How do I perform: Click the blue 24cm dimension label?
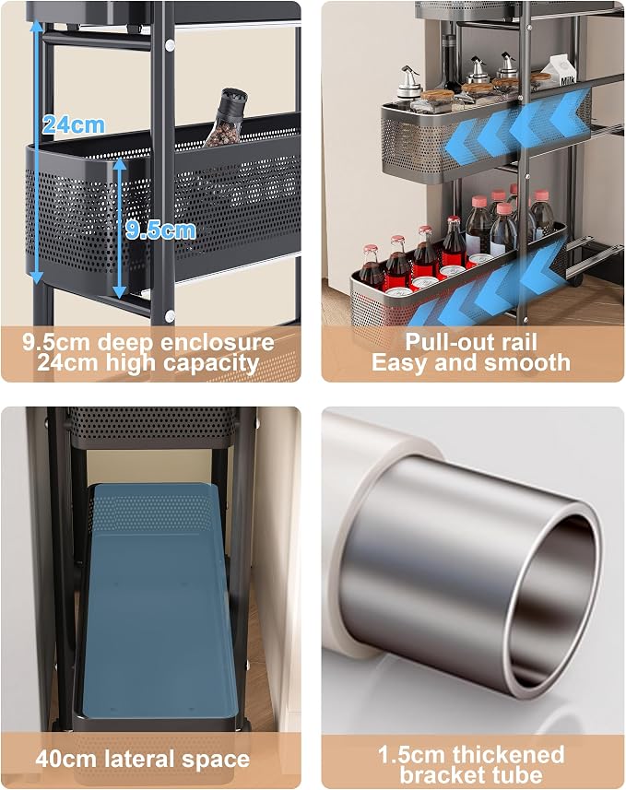[x=74, y=124]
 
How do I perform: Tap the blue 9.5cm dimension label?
[x=160, y=230]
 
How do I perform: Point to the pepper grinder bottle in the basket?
[x=225, y=117]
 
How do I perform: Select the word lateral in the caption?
[x=137, y=759]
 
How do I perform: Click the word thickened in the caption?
[x=508, y=755]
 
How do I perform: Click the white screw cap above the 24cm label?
[x=171, y=45]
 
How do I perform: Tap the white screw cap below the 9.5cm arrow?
[x=170, y=316]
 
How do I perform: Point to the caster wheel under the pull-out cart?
[x=576, y=277]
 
